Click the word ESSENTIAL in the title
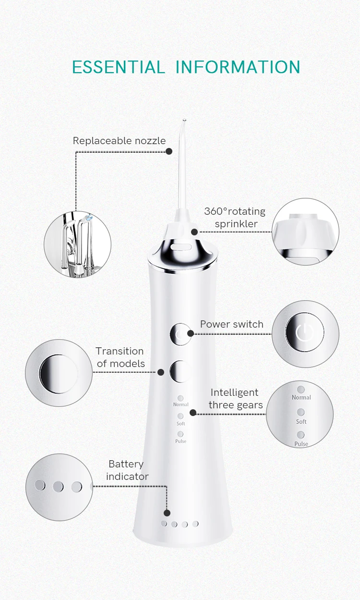point(118,67)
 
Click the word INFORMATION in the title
point(238,67)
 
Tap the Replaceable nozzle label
point(120,141)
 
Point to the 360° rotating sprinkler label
point(235,218)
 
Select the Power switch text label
point(232,324)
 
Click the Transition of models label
point(120,357)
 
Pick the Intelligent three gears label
point(236,399)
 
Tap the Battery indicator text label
point(127,470)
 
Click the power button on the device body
point(180,334)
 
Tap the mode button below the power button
point(180,371)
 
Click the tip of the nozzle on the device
point(184,120)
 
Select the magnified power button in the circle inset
point(304,332)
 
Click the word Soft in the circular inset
point(301,422)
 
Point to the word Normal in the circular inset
point(301,397)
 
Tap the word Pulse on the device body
point(180,441)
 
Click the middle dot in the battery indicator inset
point(58,487)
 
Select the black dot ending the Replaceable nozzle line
point(169,151)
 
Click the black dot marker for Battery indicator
point(167,513)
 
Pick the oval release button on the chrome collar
point(181,247)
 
